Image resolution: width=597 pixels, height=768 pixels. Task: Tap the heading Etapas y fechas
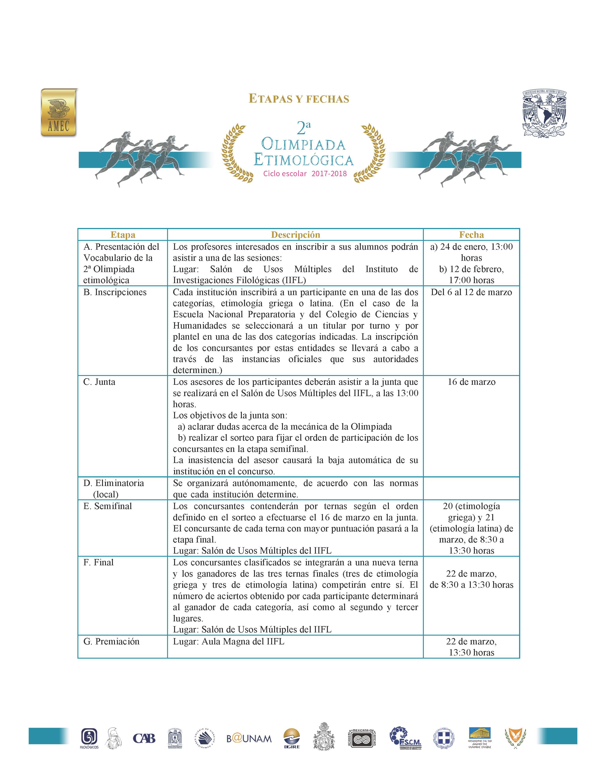[x=299, y=99]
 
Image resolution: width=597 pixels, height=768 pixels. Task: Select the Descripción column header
[x=295, y=235]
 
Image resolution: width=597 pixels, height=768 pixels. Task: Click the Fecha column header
[x=471, y=235]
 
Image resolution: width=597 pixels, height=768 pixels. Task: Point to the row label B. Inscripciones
[x=115, y=292]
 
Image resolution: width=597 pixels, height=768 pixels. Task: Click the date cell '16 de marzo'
[x=471, y=382]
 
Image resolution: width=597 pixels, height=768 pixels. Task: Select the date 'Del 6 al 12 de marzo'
[x=471, y=292]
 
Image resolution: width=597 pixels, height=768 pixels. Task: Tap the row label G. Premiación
[x=111, y=641]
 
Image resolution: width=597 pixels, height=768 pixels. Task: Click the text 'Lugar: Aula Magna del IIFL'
[x=229, y=641]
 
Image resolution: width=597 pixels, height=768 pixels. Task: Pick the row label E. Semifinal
[x=107, y=506]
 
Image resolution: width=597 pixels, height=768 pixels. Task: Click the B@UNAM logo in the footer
[x=249, y=738]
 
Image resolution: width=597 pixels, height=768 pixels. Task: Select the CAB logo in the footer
[x=144, y=738]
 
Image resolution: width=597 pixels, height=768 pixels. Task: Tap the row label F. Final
[x=99, y=562]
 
